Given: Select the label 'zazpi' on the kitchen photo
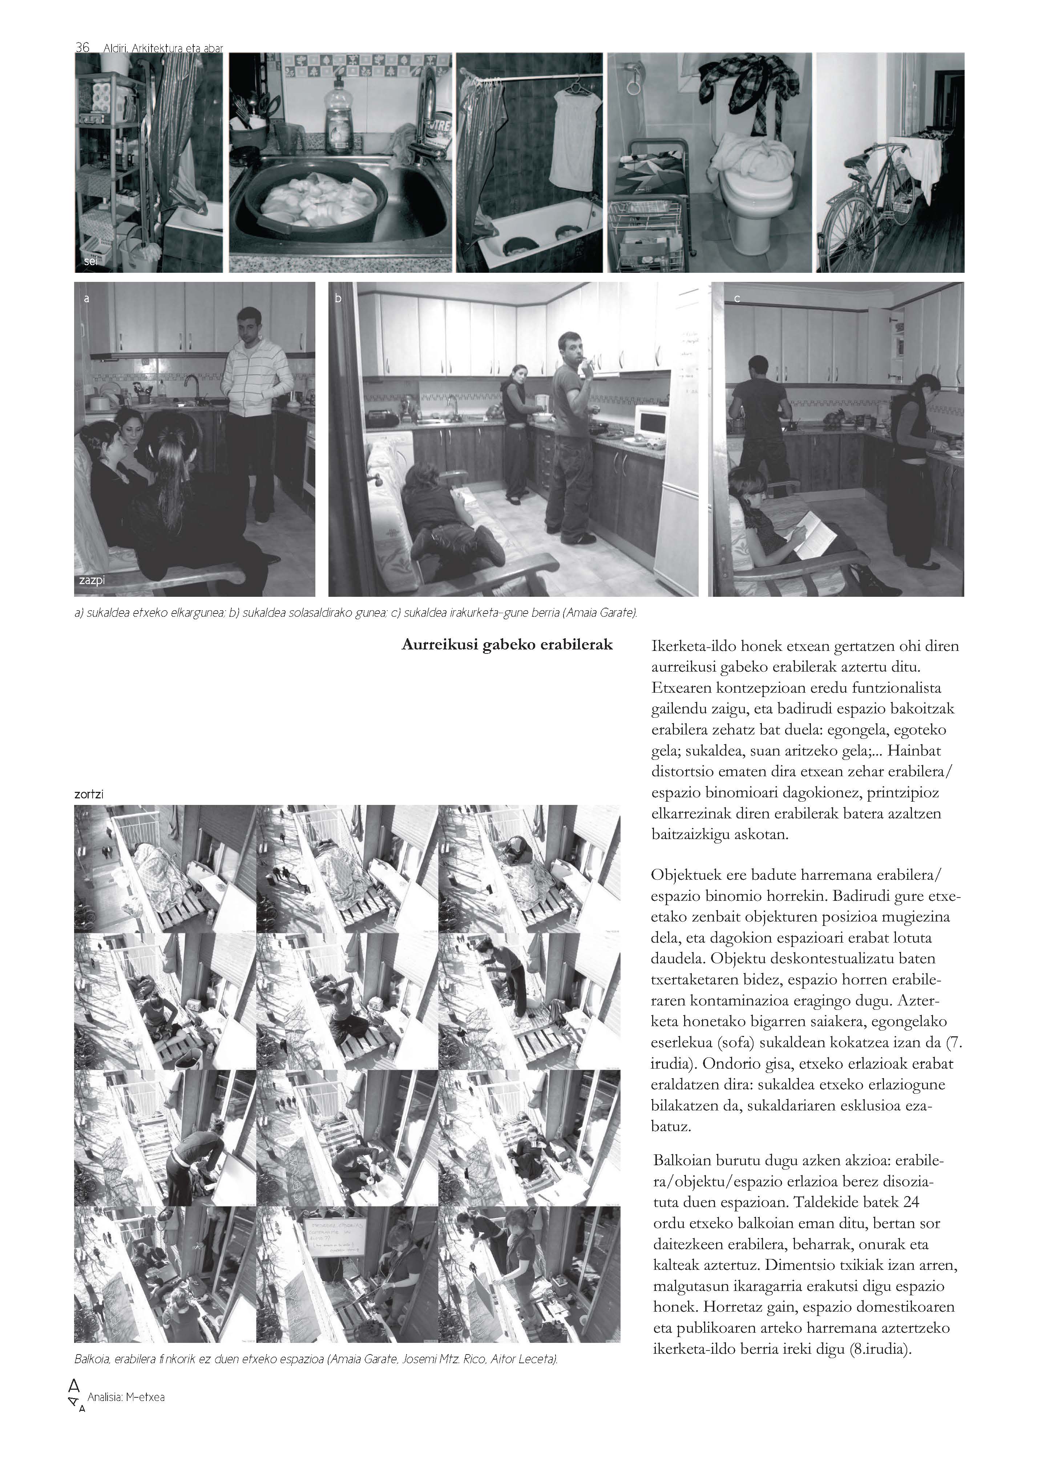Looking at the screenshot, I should pos(92,581).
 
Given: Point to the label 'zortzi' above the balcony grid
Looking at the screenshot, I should pos(89,794).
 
